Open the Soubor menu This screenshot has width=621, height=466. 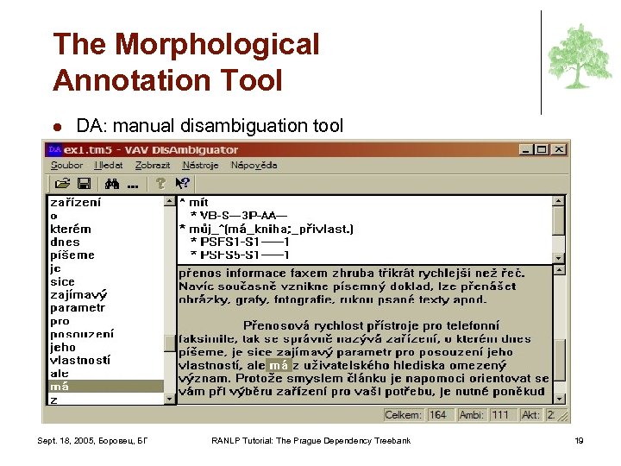click(x=66, y=165)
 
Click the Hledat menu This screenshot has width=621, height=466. click(x=109, y=165)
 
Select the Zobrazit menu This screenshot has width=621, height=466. click(x=154, y=165)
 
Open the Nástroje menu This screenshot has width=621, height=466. click(x=201, y=165)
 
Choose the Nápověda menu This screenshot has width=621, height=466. click(x=254, y=165)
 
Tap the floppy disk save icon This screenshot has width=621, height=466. click(x=84, y=184)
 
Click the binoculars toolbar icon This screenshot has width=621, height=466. click(x=111, y=184)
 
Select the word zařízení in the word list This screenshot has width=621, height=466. click(x=75, y=203)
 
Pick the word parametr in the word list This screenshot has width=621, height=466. click(x=78, y=307)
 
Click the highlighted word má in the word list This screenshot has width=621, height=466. click(x=60, y=386)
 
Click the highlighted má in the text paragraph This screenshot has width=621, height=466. click(x=279, y=366)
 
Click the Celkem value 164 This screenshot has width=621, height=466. click(x=438, y=415)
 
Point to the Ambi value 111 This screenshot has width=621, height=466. click(x=500, y=415)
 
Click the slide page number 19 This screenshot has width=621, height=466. click(x=579, y=441)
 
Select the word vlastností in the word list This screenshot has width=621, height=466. click(x=79, y=360)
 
